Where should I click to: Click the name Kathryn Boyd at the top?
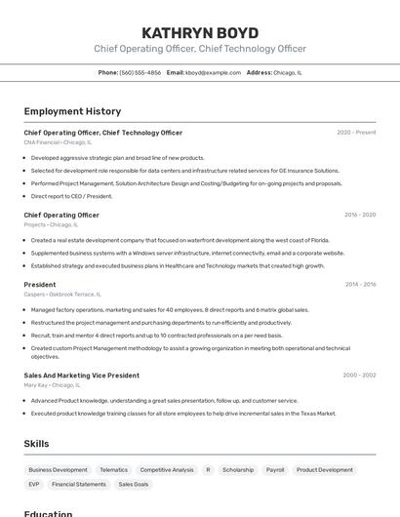(199, 32)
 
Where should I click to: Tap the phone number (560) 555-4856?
(141, 72)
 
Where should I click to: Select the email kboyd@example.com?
(213, 72)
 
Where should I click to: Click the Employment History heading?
(72, 111)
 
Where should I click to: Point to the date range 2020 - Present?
(356, 133)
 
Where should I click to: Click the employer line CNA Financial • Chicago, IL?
(58, 142)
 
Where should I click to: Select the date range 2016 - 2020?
(359, 215)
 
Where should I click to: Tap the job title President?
(40, 285)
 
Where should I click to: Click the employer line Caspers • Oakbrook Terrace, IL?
(61, 295)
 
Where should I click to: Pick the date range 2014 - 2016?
(359, 285)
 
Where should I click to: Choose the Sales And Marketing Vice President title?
(81, 376)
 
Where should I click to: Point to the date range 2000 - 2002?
(359, 376)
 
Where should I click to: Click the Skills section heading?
(36, 444)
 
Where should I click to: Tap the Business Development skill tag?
(58, 470)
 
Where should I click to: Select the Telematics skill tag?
(113, 470)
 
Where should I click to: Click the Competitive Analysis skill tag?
(167, 470)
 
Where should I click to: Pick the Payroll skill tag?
(275, 470)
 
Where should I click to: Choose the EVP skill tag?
(34, 484)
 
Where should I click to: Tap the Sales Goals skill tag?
(134, 484)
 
